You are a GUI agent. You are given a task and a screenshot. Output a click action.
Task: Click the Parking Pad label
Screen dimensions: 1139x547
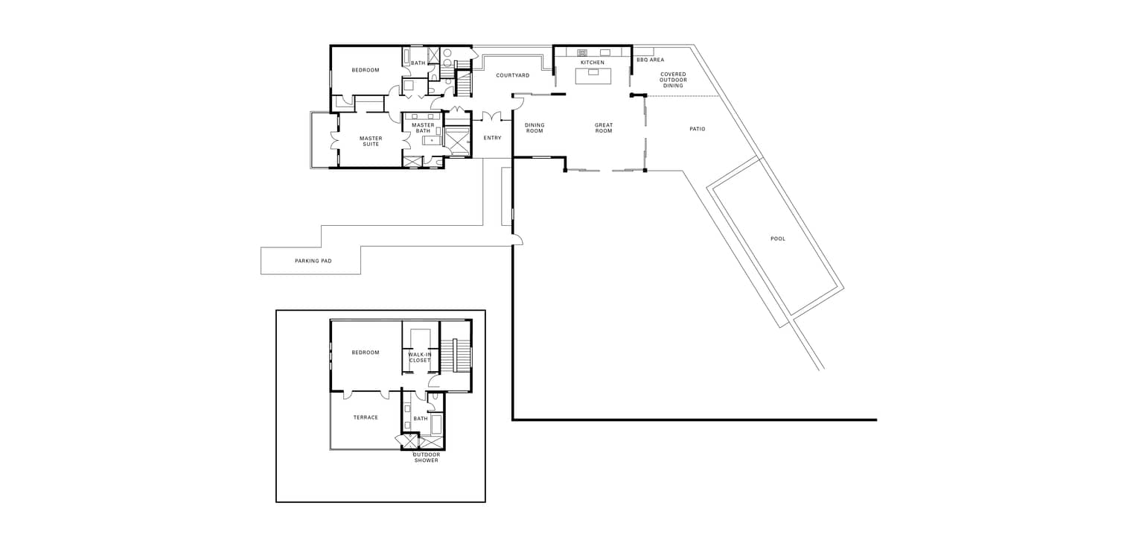click(313, 261)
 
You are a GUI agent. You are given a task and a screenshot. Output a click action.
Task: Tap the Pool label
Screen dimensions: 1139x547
click(777, 238)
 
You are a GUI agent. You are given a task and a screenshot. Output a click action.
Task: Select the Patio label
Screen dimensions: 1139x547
click(697, 129)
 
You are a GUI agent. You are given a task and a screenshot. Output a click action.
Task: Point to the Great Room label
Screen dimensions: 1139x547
click(604, 127)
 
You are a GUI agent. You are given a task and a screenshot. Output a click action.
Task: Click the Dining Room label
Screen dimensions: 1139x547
click(535, 127)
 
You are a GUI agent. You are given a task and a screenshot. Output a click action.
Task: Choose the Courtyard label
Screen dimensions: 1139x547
click(512, 75)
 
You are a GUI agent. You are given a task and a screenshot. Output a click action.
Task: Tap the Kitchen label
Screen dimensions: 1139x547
click(593, 63)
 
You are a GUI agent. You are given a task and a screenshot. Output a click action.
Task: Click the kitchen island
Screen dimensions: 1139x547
click(593, 76)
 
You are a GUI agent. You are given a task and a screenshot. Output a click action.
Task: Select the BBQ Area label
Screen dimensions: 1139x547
click(651, 60)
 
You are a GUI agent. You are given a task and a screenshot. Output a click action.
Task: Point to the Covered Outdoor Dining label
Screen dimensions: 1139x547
click(673, 80)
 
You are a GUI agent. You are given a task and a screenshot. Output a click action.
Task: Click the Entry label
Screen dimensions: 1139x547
click(492, 138)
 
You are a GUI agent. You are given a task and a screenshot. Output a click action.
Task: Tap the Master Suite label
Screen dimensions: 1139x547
click(371, 141)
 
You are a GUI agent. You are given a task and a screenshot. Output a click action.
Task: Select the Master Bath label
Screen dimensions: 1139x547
click(423, 127)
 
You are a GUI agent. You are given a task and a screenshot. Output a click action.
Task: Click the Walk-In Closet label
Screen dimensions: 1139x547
click(420, 357)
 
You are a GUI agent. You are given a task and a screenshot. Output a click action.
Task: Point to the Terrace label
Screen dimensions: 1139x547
click(366, 418)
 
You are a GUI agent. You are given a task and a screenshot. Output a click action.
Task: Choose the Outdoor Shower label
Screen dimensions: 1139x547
click(426, 458)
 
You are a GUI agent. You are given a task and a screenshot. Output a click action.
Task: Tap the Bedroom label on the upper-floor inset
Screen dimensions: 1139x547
click(366, 352)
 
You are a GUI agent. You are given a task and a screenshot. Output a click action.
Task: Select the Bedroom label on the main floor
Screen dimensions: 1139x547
click(366, 70)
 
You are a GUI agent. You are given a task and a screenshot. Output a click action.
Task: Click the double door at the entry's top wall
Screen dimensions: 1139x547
click(491, 116)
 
